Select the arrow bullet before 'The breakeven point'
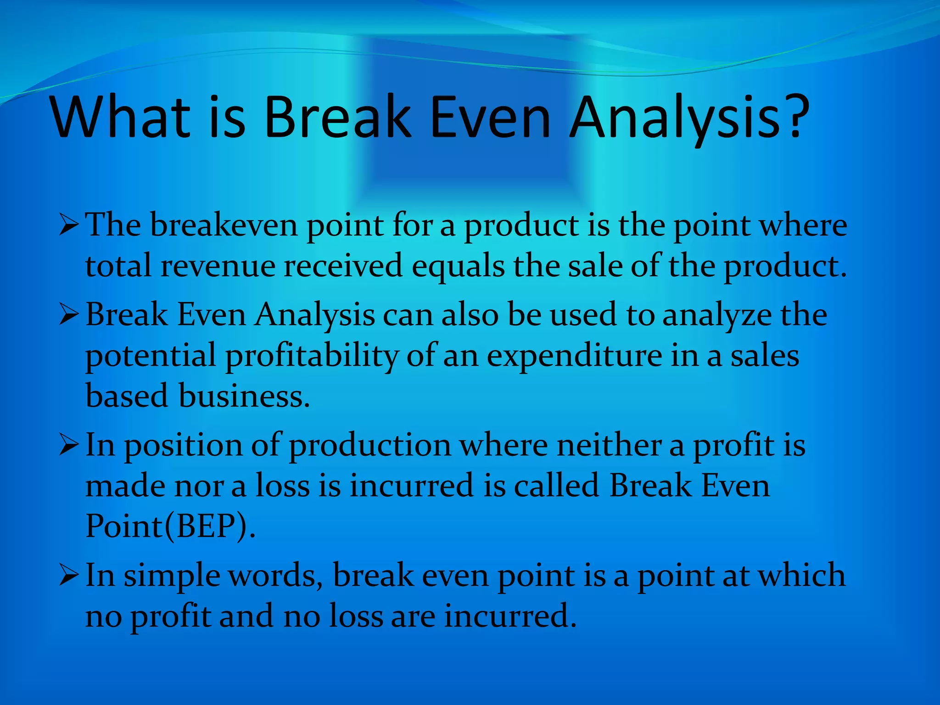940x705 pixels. coord(69,226)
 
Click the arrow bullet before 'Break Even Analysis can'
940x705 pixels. coord(69,316)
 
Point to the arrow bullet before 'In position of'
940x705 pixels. coord(69,446)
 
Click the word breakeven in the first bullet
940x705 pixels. coord(224,225)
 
